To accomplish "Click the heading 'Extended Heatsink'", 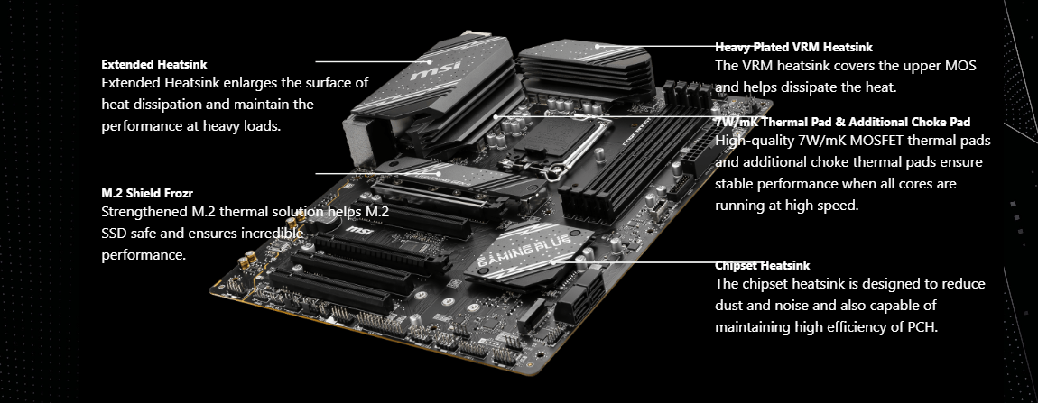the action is click(154, 64).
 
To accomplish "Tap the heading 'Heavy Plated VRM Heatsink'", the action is click(793, 47).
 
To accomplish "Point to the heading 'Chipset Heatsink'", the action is click(762, 265).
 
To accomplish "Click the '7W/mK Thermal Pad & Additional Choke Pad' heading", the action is click(843, 122).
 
